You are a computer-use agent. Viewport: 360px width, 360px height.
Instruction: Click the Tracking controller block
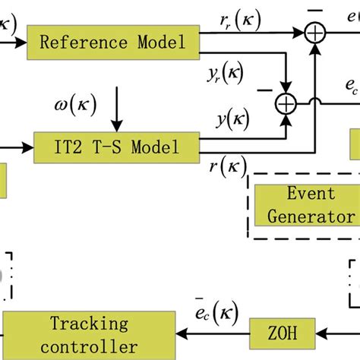point(89,335)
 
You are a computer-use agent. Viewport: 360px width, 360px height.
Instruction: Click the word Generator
point(311,216)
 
